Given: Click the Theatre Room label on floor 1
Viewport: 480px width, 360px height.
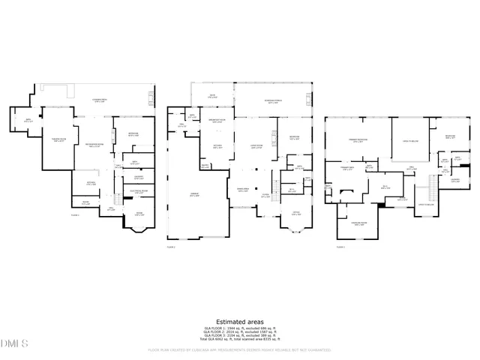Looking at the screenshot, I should coord(56,140).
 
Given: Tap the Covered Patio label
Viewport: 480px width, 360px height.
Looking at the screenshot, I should coord(100,100).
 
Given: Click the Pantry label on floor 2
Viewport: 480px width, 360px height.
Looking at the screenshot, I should coord(205,166).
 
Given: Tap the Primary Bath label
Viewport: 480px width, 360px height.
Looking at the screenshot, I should coord(346,169).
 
